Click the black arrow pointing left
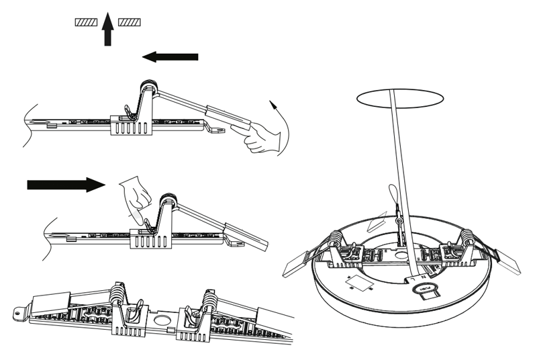click(170, 57)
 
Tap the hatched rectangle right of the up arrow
click(130, 23)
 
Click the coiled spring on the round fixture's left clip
click(335, 240)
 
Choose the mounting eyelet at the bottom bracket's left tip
click(19, 312)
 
